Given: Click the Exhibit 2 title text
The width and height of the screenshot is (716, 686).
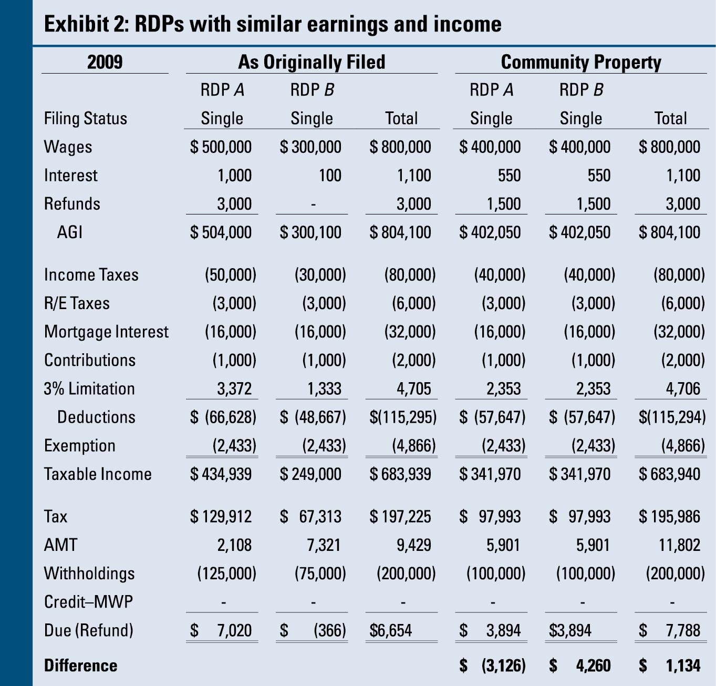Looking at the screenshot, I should point(273,24).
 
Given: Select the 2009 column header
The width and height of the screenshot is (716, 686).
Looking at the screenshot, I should point(105,62).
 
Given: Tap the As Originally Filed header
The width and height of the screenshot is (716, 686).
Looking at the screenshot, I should point(312,62).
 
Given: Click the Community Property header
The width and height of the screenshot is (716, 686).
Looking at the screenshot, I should point(581,62).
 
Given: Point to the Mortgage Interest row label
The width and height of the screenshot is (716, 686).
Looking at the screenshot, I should point(106,332).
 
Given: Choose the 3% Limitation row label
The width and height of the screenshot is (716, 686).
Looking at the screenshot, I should point(89,388).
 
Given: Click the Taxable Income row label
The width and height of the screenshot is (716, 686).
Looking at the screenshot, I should point(98,474).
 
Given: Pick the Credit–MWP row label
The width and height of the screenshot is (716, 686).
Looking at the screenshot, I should point(88,601).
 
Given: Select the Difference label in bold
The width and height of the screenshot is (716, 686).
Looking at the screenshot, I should point(80,665).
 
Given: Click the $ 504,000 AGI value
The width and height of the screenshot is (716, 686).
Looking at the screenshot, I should point(221,232).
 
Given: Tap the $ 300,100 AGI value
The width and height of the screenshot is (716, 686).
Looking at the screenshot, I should point(310,232).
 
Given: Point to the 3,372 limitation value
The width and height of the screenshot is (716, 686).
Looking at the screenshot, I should point(234,388).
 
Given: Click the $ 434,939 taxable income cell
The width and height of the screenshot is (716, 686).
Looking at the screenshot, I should point(221,474).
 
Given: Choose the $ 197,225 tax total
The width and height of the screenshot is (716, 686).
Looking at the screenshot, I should point(400,516).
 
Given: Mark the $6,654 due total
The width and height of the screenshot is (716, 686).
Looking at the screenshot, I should point(391,630).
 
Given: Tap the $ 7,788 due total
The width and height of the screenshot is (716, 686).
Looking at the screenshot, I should point(670,630).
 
